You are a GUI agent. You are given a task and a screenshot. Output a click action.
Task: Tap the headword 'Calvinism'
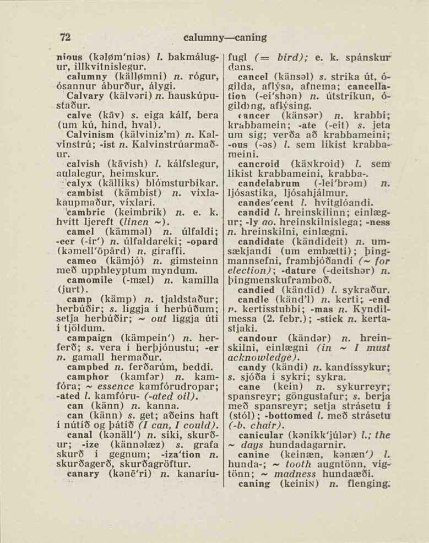(x=88, y=134)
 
